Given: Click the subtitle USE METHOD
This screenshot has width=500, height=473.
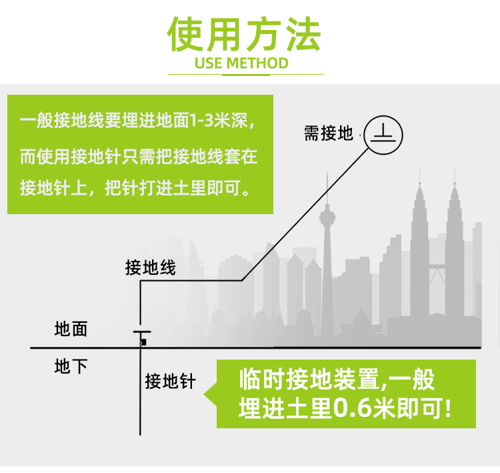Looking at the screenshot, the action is [241, 63].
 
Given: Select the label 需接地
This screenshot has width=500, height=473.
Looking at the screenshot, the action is [328, 134].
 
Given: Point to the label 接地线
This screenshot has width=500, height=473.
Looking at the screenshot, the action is [151, 268].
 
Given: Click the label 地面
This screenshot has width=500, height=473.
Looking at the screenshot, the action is [71, 329].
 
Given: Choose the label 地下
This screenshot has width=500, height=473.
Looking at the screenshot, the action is [71, 366].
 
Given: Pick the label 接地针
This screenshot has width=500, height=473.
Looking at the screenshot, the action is [170, 382].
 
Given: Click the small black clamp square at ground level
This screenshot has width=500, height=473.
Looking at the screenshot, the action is [143, 342].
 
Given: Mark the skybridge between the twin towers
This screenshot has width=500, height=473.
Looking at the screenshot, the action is [437, 270].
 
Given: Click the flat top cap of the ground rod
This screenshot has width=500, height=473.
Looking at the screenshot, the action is [141, 332].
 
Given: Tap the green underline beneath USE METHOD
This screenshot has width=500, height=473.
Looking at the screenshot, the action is [241, 74].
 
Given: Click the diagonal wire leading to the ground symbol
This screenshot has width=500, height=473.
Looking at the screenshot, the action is [307, 213].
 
